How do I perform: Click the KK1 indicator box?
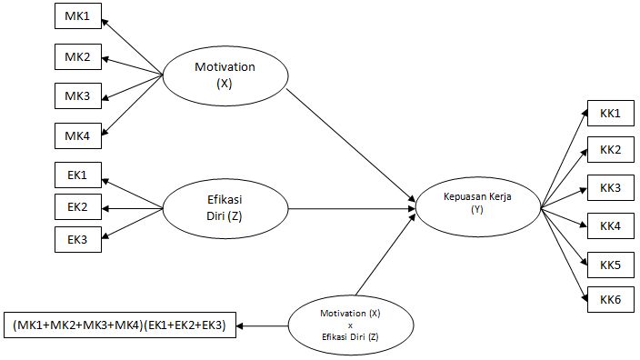pyautogui.click(x=610, y=113)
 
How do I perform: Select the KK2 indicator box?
pyautogui.click(x=610, y=149)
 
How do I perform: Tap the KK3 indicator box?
pyautogui.click(x=610, y=187)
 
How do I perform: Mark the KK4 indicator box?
pyautogui.click(x=610, y=225)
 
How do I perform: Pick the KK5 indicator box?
pyautogui.click(x=610, y=265)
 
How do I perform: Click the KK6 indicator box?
pyautogui.click(x=610, y=299)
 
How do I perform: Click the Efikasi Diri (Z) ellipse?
pyautogui.click(x=223, y=208)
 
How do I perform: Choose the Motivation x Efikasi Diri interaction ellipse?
pyautogui.click(x=349, y=324)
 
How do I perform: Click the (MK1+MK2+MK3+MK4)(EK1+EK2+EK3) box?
pyautogui.click(x=120, y=324)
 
